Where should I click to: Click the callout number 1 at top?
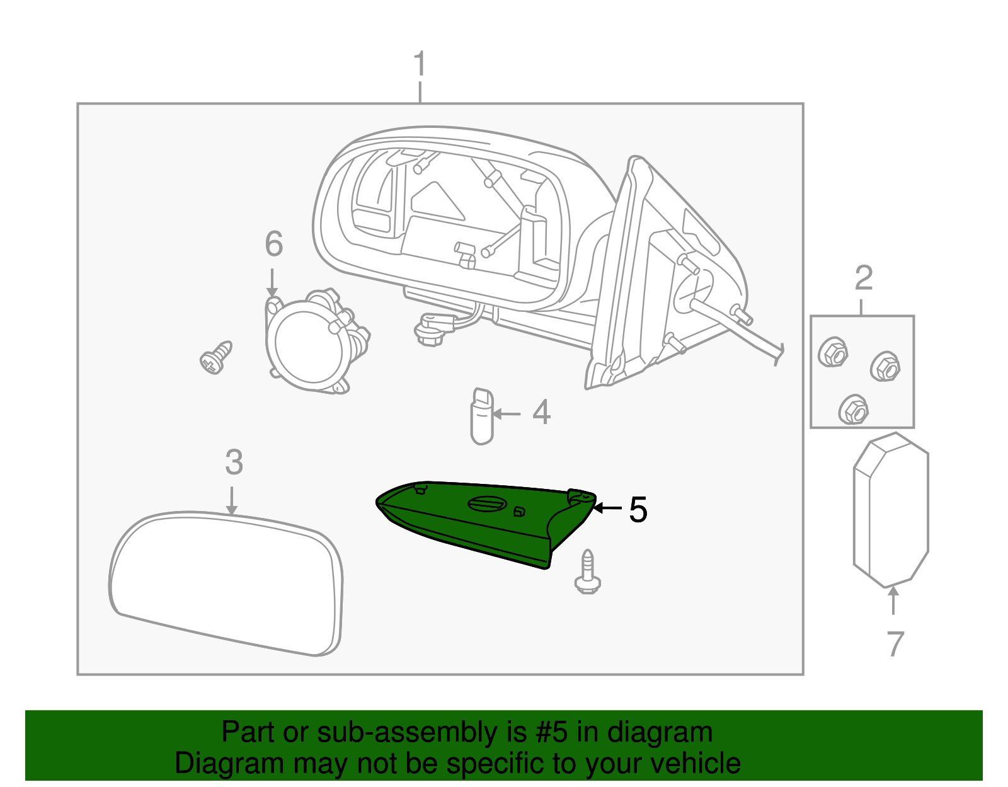point(420,65)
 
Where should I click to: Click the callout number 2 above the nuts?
point(864,278)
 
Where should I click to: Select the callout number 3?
point(234,463)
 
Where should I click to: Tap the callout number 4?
point(541,413)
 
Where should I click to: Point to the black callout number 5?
point(638,510)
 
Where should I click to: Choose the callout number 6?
point(273,244)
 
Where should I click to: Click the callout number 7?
point(895,644)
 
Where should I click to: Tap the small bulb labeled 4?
point(482,416)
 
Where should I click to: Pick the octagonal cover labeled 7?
point(890,508)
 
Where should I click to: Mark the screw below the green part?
point(587,573)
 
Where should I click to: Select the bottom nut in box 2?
point(854,410)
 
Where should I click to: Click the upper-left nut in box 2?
point(833,353)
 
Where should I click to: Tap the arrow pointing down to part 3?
point(232,501)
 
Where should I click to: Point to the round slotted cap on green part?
point(486,503)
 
